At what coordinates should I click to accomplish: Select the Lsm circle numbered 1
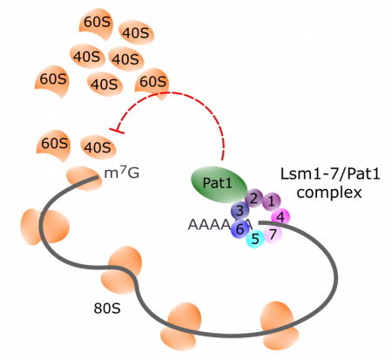point(271,201)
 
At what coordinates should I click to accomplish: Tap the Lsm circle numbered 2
point(253,198)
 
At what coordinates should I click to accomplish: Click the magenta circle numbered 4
point(282,216)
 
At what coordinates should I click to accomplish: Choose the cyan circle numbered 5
point(240,229)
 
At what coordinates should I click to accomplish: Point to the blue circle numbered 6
point(273,233)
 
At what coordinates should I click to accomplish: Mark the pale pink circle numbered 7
point(273,233)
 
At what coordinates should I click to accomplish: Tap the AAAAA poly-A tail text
point(209,224)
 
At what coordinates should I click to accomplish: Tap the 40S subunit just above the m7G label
point(96,145)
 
